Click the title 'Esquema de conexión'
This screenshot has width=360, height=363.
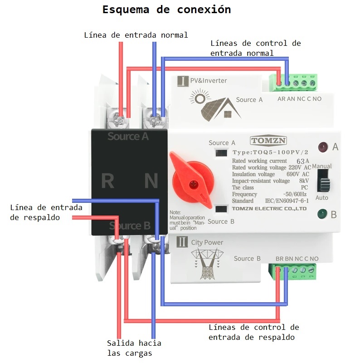166,10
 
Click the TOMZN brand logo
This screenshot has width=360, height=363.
268,141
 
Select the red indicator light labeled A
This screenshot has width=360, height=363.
323,147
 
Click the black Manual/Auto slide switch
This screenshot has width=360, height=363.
323,181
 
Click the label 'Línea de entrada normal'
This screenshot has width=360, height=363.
136,35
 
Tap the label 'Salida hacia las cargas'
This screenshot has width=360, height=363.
134,348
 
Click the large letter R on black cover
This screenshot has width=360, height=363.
107,181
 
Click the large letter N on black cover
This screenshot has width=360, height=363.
151,181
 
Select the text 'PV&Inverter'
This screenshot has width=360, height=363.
208,81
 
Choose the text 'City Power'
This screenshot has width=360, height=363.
207,242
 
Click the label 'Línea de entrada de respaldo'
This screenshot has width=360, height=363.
46,212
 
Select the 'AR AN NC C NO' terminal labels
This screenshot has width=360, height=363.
299,98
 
